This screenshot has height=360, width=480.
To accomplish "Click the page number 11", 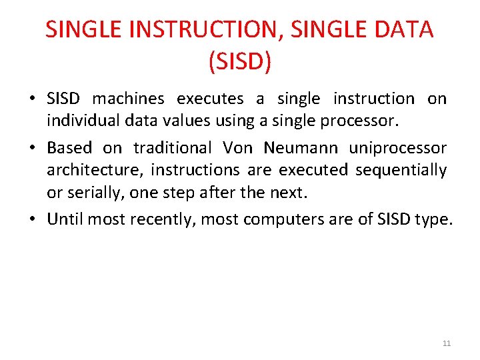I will [x=447, y=343].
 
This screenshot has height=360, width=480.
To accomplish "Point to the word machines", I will [x=128, y=99].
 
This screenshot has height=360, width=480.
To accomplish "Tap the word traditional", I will [x=171, y=147].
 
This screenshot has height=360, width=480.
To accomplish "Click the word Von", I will [x=237, y=147].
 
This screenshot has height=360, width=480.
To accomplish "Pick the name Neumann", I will [x=299, y=147].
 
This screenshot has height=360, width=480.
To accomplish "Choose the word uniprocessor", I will [x=397, y=147].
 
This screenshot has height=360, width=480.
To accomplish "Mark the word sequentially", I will [x=401, y=171].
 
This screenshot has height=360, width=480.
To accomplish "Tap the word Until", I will [x=65, y=219].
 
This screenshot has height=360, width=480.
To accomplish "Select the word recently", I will [x=167, y=219].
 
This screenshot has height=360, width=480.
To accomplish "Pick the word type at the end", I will [x=433, y=219].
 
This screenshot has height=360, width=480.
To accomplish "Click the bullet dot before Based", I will [x=33, y=147].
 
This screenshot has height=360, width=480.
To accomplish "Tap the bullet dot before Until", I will [x=33, y=219].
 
